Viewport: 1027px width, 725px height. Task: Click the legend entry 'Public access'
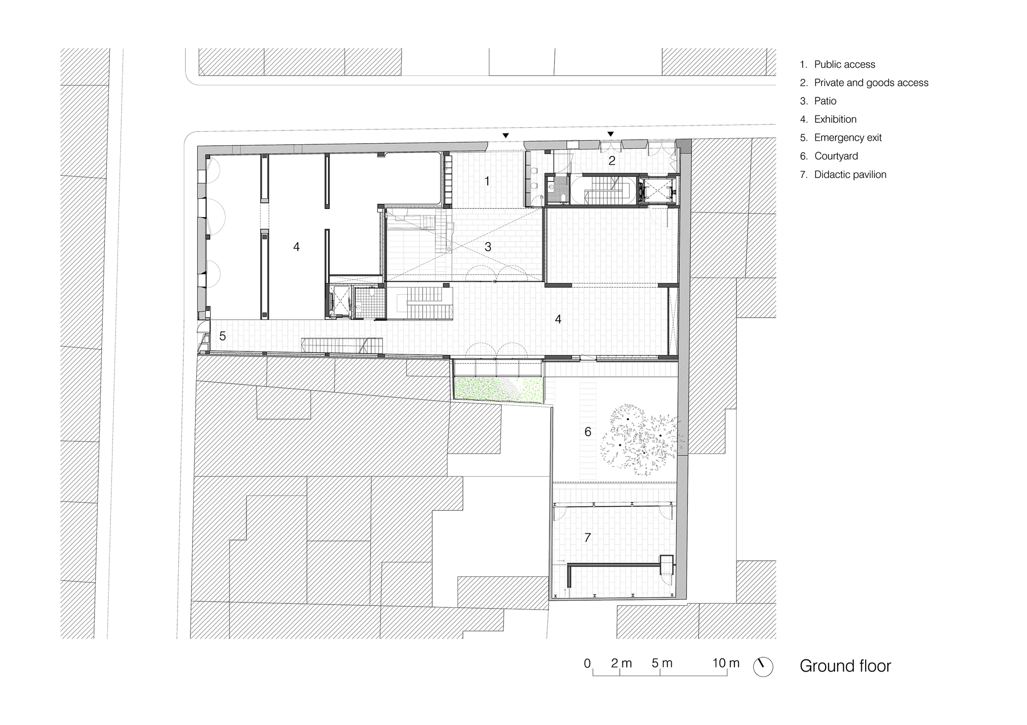(838, 65)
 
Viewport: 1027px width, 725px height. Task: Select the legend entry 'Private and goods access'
(864, 83)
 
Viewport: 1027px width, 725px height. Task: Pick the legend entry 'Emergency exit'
(841, 138)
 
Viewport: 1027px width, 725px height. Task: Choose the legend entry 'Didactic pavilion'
(843, 175)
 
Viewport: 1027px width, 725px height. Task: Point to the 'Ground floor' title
(845, 666)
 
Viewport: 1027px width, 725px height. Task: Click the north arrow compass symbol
(763, 667)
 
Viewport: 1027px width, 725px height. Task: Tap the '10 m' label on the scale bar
(726, 663)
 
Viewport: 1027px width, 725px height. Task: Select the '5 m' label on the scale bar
(662, 663)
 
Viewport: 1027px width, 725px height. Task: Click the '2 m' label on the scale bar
(621, 663)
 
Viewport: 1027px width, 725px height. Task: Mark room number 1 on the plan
(487, 181)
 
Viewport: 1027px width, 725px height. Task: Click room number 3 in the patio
(488, 247)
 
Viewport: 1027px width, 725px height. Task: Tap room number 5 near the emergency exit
(222, 336)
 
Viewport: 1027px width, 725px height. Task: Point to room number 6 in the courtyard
(588, 432)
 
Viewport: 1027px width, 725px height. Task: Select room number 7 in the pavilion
(587, 538)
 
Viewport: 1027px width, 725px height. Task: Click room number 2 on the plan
(612, 161)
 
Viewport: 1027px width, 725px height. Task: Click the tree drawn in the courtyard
(642, 439)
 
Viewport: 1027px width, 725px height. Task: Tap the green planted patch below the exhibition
(498, 388)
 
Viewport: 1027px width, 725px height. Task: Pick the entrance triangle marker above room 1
(506, 135)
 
